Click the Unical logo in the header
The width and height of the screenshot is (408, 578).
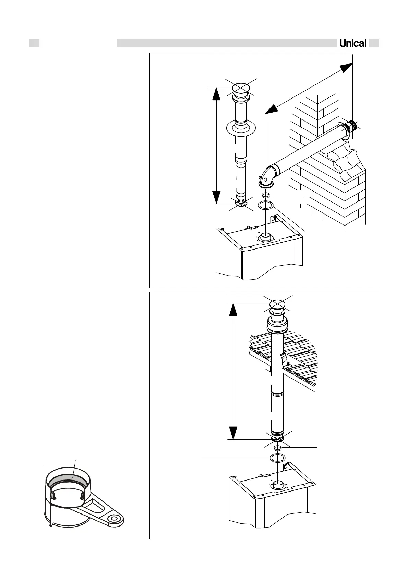pos(353,43)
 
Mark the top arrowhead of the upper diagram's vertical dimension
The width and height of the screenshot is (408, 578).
pos(216,94)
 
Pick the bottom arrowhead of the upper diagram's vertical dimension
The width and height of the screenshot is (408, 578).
pos(216,197)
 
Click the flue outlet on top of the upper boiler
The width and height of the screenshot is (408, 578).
pos(265,236)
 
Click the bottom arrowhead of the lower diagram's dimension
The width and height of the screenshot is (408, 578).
pos(233,433)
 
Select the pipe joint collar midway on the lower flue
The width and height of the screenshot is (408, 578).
pos(277,392)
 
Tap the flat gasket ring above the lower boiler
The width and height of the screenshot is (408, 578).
pos(277,458)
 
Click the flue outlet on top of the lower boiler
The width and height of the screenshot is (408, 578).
pos(278,484)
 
